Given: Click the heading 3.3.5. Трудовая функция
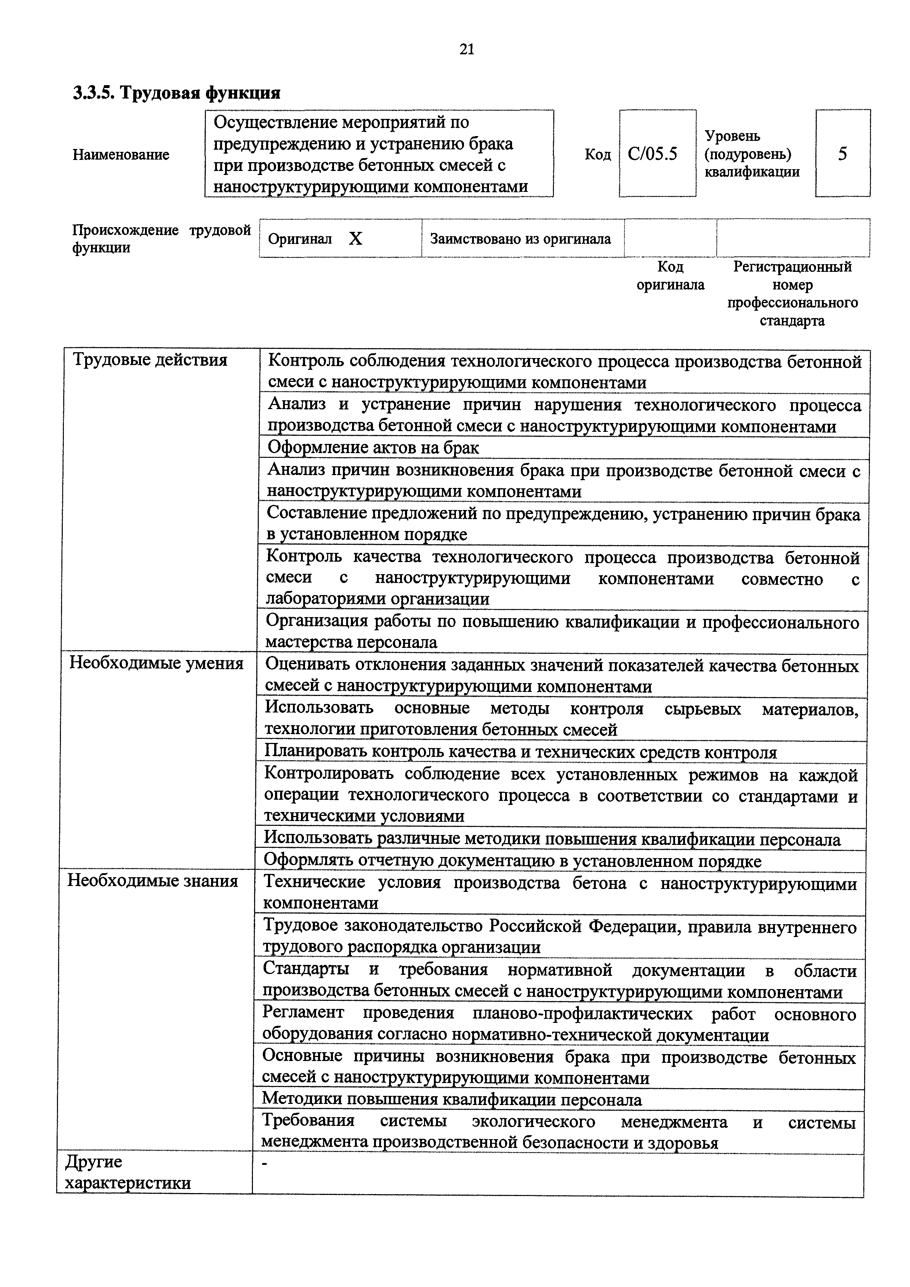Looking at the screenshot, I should click(x=177, y=92).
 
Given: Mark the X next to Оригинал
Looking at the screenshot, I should click(x=355, y=239).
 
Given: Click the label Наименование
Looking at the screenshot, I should click(x=120, y=155).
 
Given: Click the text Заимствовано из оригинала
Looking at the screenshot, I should click(x=520, y=239).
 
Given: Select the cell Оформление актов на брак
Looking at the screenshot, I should click(x=373, y=447).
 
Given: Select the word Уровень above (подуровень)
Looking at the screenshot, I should click(x=732, y=136).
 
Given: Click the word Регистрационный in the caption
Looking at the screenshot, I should click(x=792, y=267).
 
